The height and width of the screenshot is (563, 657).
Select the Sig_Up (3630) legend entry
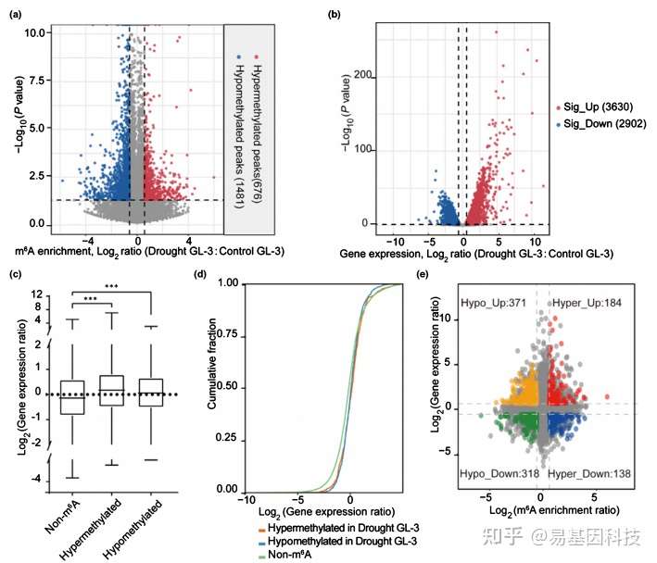tap(599, 108)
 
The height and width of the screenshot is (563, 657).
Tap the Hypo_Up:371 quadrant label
tap(496, 304)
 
